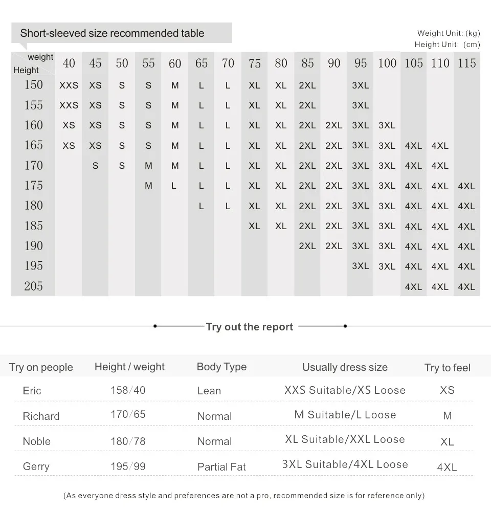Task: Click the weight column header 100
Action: (387, 63)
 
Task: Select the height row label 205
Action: (34, 286)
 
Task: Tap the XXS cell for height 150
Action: (69, 85)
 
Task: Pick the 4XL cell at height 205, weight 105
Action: (413, 287)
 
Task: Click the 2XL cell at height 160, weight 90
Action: (334, 125)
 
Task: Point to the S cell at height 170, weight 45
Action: (96, 166)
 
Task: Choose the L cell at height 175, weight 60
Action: (174, 186)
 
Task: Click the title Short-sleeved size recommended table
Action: (112, 33)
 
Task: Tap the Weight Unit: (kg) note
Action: (449, 33)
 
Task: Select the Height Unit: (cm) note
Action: (448, 44)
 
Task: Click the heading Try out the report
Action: (250, 327)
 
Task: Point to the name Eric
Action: (32, 391)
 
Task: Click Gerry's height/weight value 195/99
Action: (128, 466)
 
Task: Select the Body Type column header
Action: (221, 367)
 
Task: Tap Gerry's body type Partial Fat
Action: (221, 467)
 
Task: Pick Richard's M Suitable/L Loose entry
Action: (345, 415)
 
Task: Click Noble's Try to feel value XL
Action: (447, 441)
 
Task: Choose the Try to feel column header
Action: (447, 368)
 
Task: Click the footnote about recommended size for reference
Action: (243, 496)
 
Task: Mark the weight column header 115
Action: (466, 63)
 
